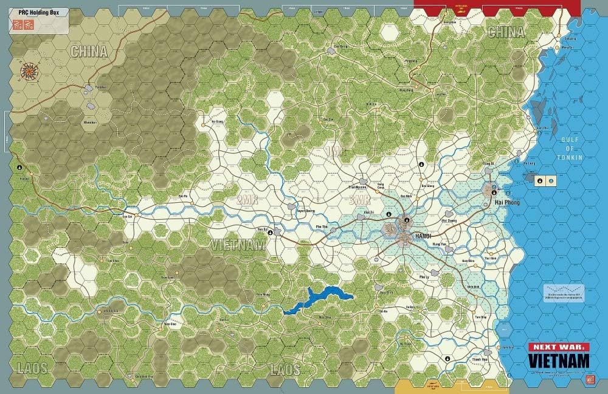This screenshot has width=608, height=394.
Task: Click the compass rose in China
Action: pyautogui.click(x=29, y=71)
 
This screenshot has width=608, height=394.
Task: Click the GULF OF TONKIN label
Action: pyautogui.click(x=570, y=148)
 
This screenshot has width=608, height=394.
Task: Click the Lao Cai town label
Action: pyautogui.click(x=128, y=216)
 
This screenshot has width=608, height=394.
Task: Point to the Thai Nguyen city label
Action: pyautogui.click(x=359, y=189)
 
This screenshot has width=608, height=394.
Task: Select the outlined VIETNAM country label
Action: pyautogui.click(x=238, y=245)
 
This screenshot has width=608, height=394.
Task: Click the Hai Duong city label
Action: pyautogui.click(x=449, y=221)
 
